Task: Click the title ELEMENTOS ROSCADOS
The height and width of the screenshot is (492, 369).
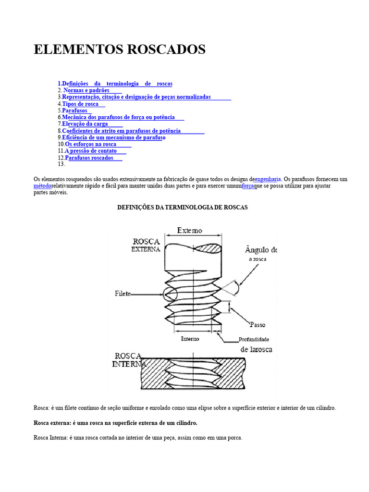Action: (x=120, y=49)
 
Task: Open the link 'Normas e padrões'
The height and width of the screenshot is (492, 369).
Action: (x=87, y=90)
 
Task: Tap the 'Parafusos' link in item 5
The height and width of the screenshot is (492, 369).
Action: (x=75, y=111)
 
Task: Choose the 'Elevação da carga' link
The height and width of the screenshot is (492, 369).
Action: (x=85, y=124)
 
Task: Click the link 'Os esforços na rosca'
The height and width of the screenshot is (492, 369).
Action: (x=91, y=144)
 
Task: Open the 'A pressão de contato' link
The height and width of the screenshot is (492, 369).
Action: (x=91, y=151)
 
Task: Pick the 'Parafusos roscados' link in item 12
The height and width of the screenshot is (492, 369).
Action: (x=89, y=158)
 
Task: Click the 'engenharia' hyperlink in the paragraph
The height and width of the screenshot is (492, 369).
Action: (x=268, y=179)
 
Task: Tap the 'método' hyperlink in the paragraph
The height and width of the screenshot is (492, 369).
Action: (x=42, y=186)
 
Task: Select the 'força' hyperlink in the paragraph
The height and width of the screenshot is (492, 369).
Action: (x=248, y=186)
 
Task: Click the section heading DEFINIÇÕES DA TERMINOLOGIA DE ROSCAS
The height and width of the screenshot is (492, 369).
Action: (x=183, y=208)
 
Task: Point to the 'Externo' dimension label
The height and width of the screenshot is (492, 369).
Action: (x=190, y=231)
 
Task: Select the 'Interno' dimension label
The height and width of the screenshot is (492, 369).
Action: (x=190, y=339)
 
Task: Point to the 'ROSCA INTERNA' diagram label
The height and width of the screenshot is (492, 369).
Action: (x=129, y=360)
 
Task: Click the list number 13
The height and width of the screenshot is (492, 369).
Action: (x=61, y=164)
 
